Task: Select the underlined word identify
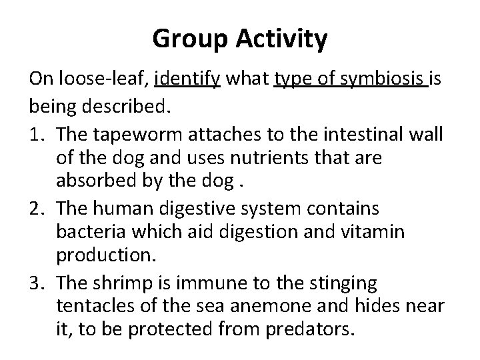187,80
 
